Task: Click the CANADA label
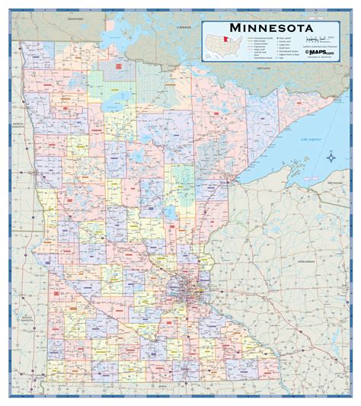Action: (x=183, y=25)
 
